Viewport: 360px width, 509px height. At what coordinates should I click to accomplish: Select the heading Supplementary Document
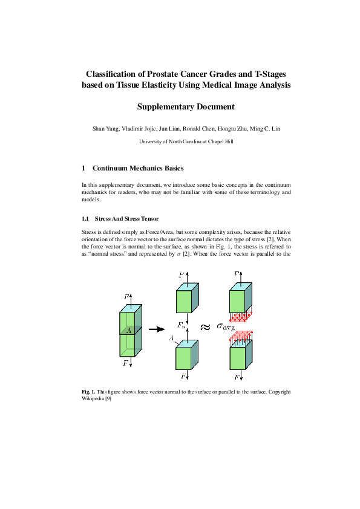click(185, 107)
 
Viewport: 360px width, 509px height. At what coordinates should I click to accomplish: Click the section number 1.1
click(86, 218)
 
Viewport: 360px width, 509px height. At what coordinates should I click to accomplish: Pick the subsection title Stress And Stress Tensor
click(126, 218)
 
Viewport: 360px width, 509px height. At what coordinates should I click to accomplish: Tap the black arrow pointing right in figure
click(157, 329)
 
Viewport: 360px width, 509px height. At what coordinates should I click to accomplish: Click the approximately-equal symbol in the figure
click(205, 327)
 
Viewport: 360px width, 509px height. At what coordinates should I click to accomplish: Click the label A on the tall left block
click(128, 330)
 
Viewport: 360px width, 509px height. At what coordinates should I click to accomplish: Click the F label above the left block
click(126, 297)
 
